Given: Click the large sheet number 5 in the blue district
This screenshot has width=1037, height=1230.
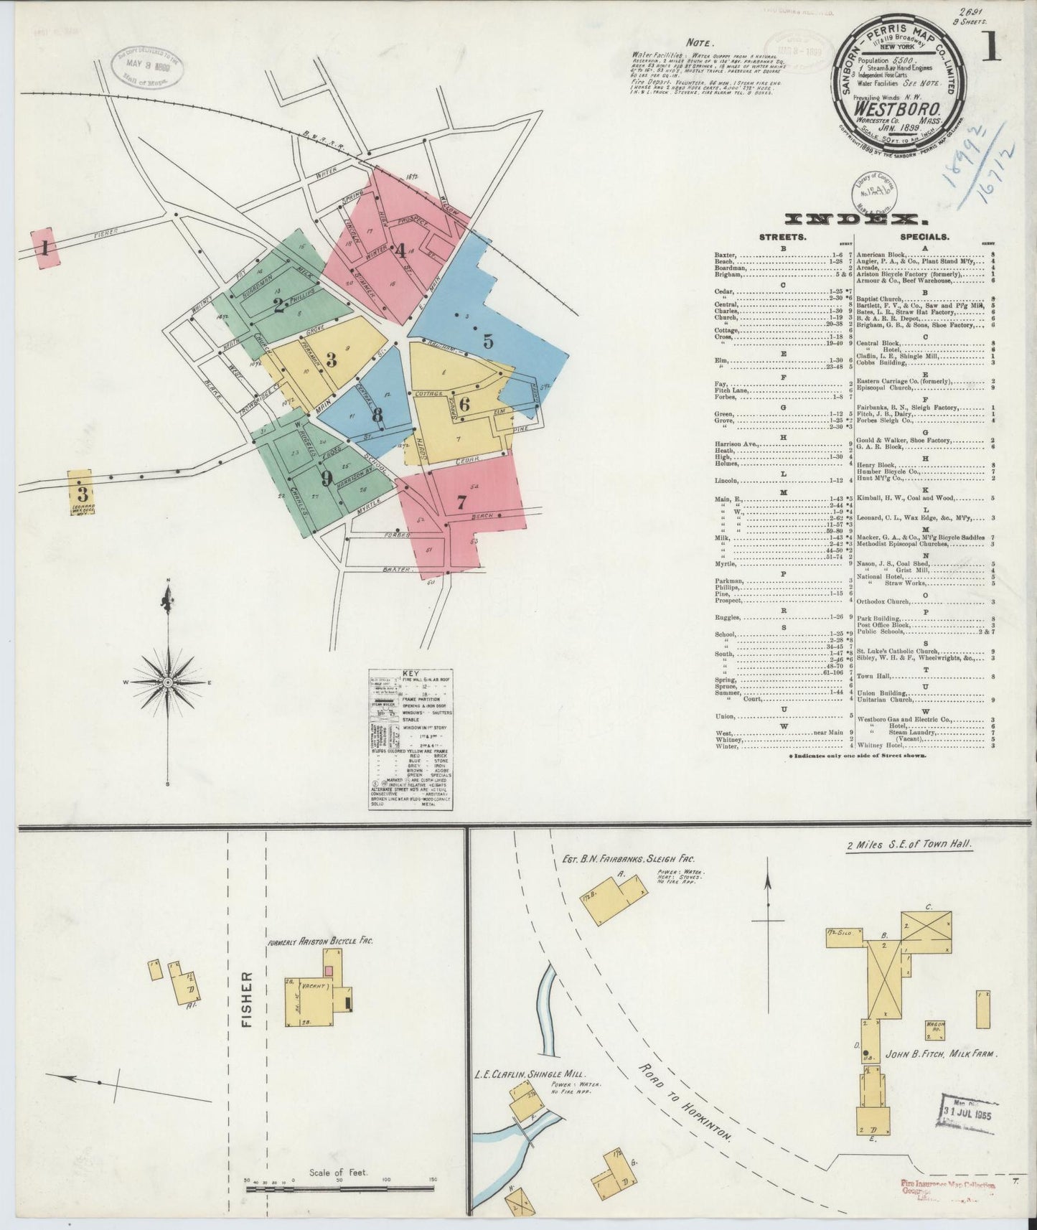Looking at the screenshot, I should click(x=488, y=342).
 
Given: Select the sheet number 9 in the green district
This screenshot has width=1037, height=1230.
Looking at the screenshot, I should click(x=327, y=478).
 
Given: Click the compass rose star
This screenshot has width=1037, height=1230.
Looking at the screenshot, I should click(x=167, y=681).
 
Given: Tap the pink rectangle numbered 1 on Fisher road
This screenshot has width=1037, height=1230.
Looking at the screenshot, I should click(x=45, y=249).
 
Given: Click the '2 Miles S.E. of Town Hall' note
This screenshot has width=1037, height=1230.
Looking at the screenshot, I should click(x=909, y=845).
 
